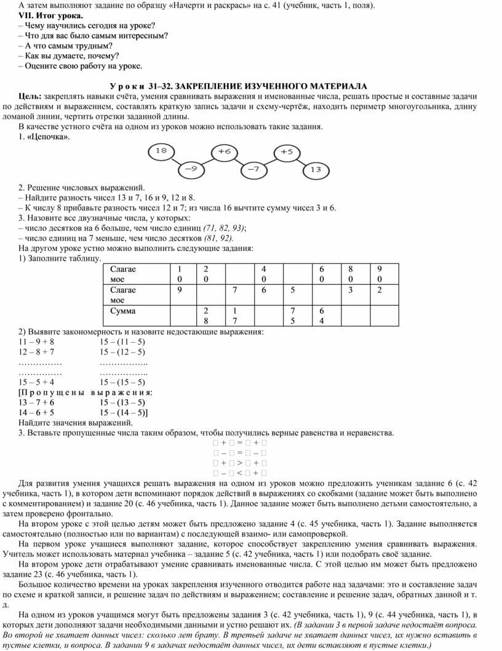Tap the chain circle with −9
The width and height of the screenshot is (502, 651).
190,168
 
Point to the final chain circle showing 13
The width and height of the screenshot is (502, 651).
316,169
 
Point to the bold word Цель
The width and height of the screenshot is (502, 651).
30,96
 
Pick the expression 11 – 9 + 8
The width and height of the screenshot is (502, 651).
37,341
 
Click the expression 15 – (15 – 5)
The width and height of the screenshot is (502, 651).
122,382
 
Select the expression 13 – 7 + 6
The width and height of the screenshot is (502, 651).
37,402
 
